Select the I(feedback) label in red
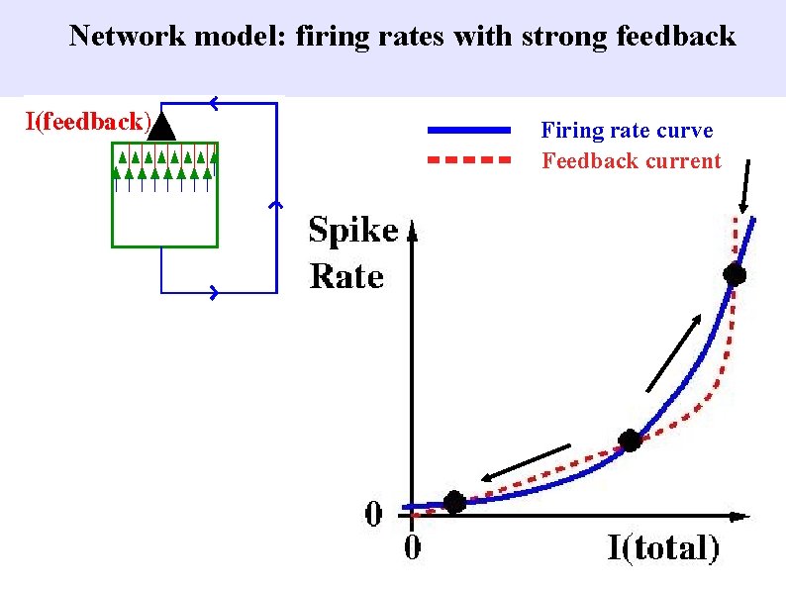(x=88, y=123)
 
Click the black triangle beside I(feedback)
(x=164, y=126)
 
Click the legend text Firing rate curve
(x=627, y=131)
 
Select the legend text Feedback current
(x=632, y=161)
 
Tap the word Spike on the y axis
(x=353, y=231)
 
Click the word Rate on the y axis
(x=346, y=276)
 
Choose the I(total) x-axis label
(x=663, y=547)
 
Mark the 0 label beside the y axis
(x=374, y=514)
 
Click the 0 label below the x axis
(x=411, y=547)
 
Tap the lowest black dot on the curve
(x=453, y=502)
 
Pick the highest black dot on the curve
(x=734, y=274)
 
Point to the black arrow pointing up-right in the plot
(x=674, y=352)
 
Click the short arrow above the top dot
(x=745, y=185)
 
